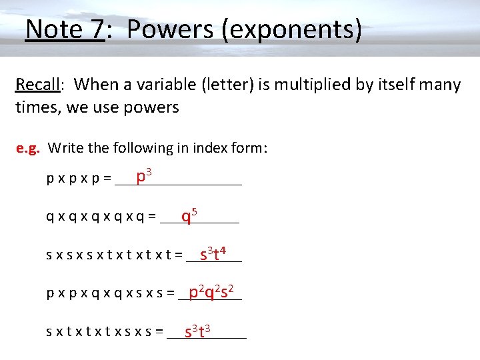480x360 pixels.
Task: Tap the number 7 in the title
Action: (95, 29)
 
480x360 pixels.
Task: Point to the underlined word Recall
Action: (37, 85)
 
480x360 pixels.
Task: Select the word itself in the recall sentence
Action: (391, 85)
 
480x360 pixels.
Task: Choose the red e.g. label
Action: (29, 147)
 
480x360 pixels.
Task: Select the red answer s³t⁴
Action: (215, 253)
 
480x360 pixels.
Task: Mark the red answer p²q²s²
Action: (211, 291)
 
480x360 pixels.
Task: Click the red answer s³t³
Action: (198, 329)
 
